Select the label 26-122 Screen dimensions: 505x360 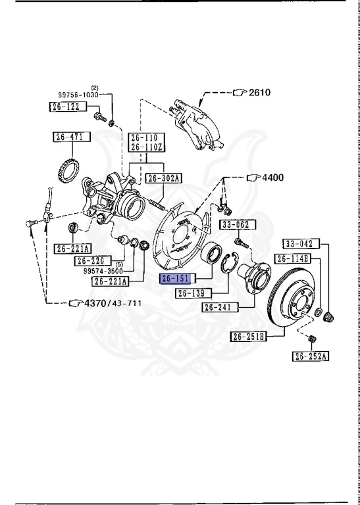(65, 106)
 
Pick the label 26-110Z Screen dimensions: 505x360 (145, 148)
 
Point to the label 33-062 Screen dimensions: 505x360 (234, 225)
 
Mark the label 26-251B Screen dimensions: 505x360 (248, 337)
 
